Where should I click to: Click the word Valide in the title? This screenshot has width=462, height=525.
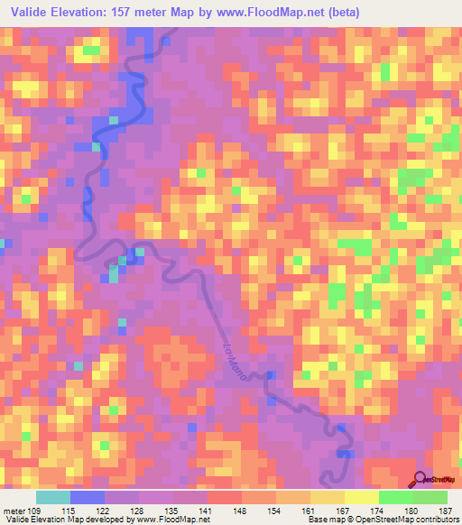[31, 13]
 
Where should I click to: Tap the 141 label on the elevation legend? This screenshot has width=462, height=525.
[208, 511]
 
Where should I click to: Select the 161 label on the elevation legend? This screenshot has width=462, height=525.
[310, 511]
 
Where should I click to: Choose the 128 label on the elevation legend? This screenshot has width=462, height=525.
[139, 511]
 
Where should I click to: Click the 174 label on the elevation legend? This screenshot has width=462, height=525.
[379, 511]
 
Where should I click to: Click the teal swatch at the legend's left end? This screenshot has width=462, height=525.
[52, 497]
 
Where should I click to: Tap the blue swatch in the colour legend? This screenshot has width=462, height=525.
[87, 497]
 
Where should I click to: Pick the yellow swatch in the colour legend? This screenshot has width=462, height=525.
[361, 497]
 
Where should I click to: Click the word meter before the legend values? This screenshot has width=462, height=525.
[14, 511]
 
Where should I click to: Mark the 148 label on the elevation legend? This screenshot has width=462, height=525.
[242, 511]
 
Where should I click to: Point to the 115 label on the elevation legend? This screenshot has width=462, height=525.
[69, 511]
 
